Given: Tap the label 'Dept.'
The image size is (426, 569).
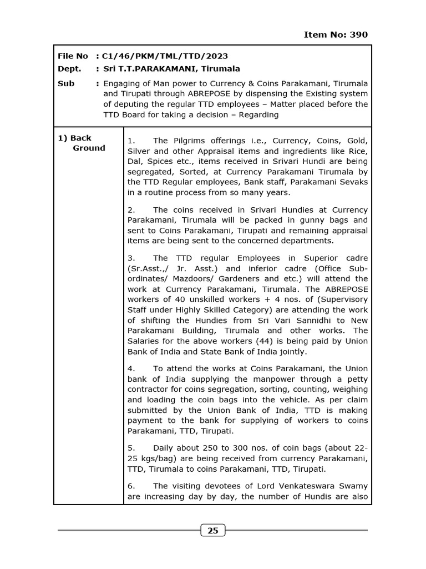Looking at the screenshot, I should click(x=69, y=69).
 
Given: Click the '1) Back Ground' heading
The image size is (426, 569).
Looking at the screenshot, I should click(x=82, y=143).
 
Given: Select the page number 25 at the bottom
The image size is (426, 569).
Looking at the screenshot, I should click(x=212, y=531).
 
